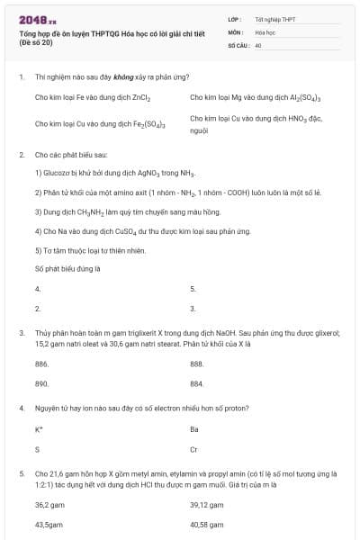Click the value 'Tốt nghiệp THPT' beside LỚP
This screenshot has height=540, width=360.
point(274,19)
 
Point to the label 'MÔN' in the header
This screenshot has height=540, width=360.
point(234,31)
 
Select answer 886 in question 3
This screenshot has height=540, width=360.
point(41,364)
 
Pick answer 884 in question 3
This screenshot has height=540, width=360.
point(197,383)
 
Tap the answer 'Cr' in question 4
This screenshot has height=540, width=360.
point(194,449)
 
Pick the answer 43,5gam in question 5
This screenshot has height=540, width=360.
point(49,524)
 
